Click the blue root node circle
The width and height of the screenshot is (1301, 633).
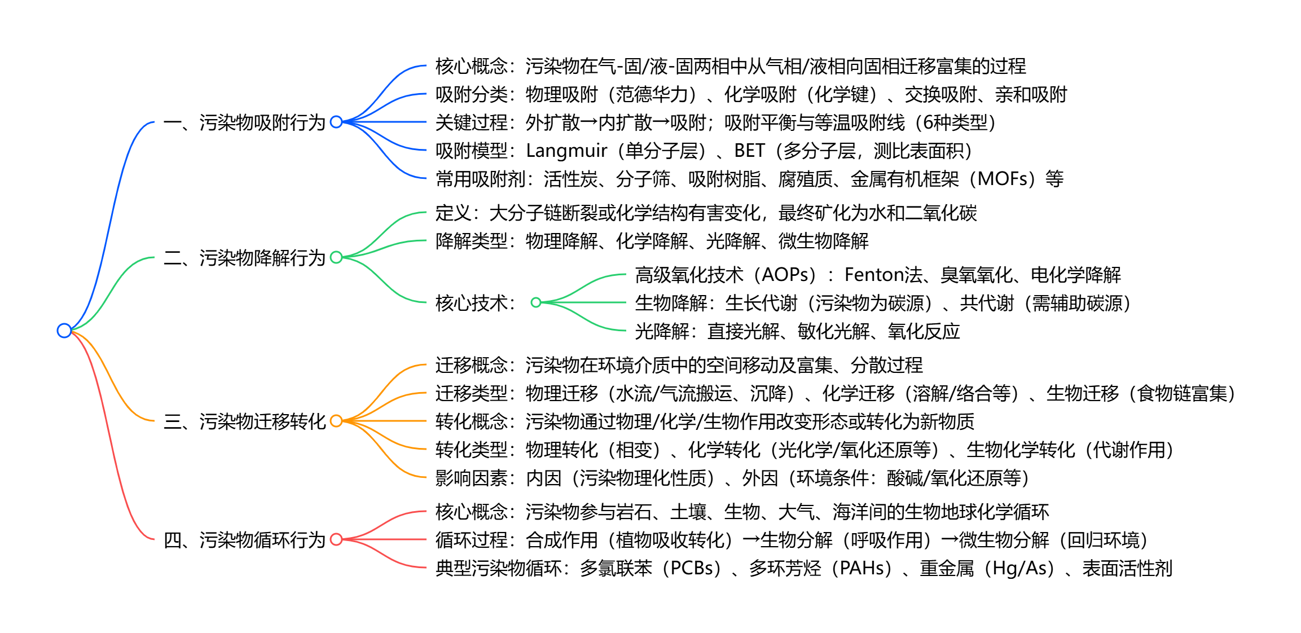[x=64, y=331]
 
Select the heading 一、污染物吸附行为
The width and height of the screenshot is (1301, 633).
[x=244, y=122]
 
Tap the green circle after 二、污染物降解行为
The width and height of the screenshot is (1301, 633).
[x=336, y=258]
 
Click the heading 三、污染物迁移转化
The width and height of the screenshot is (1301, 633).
[x=244, y=421]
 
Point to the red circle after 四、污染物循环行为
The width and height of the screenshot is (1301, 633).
[x=336, y=540]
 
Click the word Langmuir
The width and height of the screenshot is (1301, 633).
[x=566, y=151]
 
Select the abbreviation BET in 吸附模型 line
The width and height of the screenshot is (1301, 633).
[x=749, y=151]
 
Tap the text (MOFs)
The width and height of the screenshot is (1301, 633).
[x=1005, y=179]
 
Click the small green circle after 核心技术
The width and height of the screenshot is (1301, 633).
[x=536, y=303]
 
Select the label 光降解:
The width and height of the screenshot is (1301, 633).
[x=662, y=331]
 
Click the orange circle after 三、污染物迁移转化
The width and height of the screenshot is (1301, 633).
[x=336, y=421]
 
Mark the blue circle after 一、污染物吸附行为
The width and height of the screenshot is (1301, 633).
[x=336, y=122]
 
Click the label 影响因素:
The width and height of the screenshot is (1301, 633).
[x=475, y=478]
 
